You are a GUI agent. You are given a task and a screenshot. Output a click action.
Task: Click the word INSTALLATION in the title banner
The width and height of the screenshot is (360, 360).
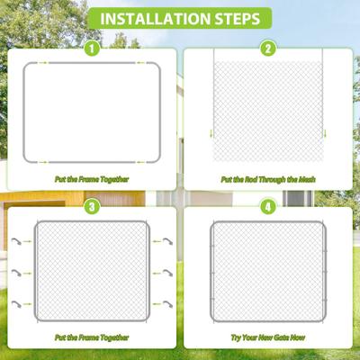tap(157, 18)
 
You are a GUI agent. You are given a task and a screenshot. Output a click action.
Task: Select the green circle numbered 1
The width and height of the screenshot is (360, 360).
tap(91, 48)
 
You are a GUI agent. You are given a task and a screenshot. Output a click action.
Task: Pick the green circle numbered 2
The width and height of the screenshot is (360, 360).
tap(267, 48)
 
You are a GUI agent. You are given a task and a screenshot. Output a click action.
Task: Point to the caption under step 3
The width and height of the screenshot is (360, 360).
tap(91, 337)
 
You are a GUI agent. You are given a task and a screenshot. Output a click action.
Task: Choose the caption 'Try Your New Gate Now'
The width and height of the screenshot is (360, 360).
tap(267, 337)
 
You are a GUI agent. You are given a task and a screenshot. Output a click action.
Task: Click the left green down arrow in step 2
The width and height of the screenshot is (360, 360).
tap(213, 136)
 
